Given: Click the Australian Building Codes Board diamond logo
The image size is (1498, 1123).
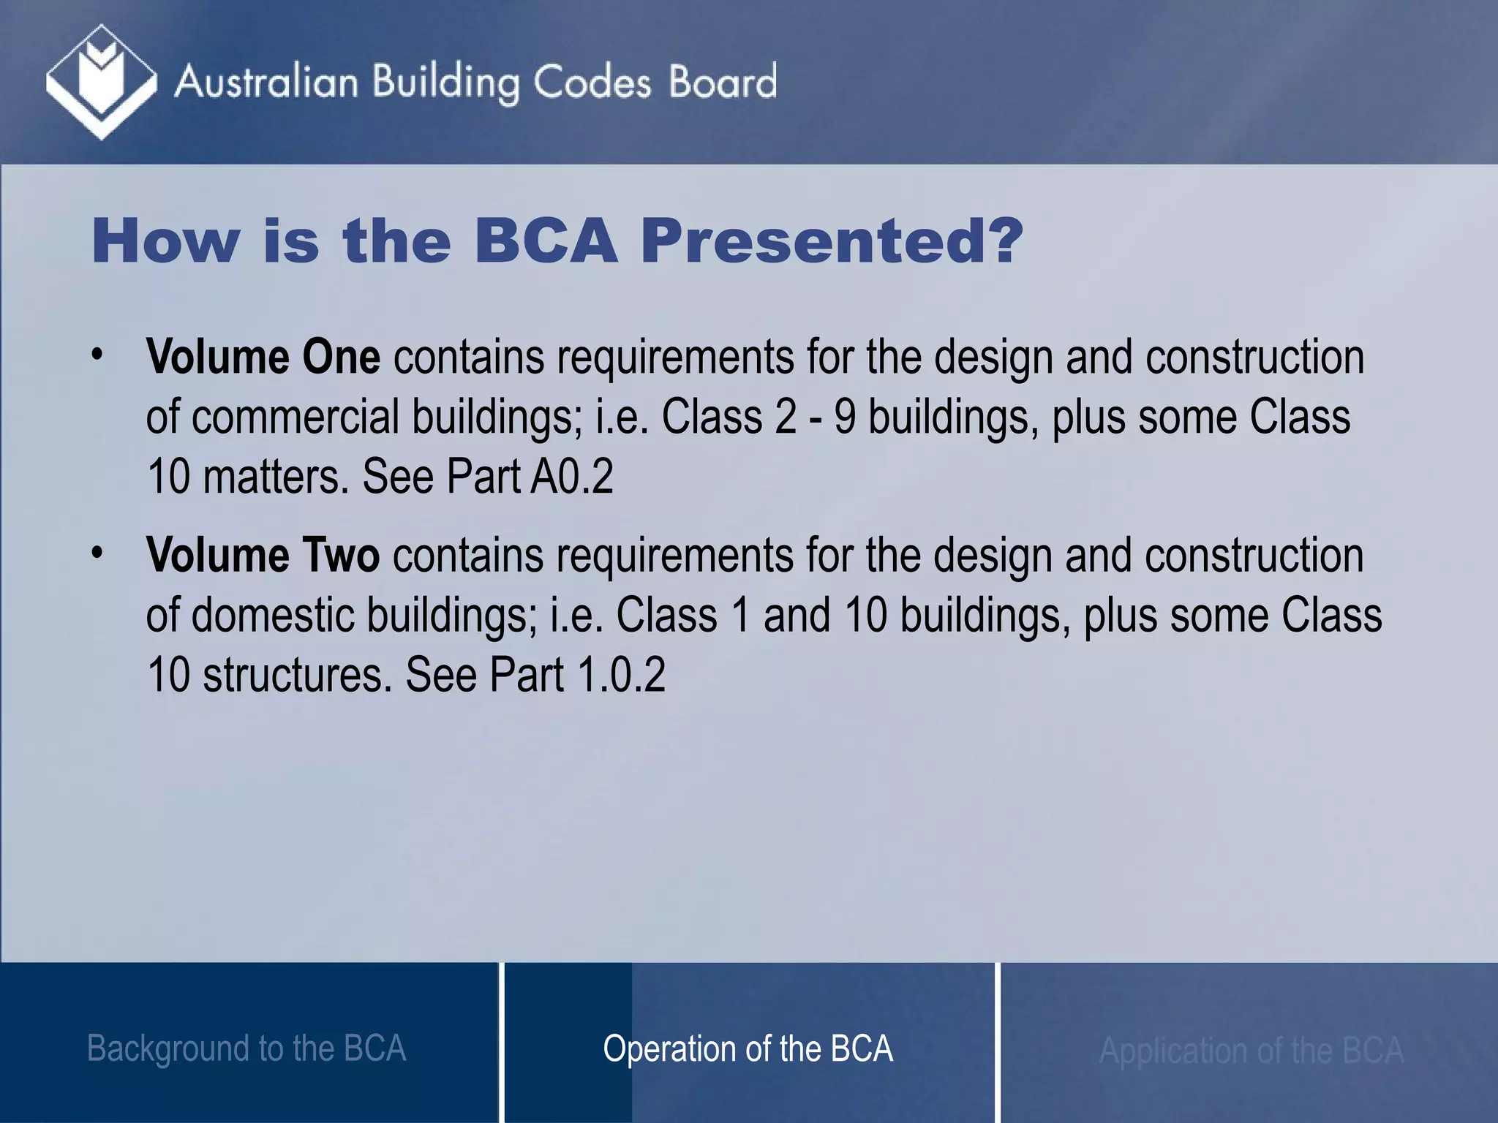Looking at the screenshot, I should pos(101,82).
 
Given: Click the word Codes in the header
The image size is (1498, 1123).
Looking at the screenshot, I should pos(592,82).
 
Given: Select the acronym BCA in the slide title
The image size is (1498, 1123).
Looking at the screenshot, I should pos(546,241).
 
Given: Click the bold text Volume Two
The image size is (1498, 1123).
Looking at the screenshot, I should pos(263,555).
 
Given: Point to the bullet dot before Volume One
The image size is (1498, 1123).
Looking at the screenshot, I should pos(97,355).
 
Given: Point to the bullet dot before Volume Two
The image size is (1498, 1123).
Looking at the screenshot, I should pos(97,553).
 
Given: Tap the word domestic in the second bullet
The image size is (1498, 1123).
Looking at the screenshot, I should pos(277,615).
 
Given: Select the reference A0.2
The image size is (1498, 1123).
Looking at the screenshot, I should pos(572,477).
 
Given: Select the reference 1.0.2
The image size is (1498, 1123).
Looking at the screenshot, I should pos(621,675).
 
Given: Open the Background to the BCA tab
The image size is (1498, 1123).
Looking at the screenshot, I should pos(246,1048).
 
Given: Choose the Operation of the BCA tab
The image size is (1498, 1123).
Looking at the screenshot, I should pos(748,1048).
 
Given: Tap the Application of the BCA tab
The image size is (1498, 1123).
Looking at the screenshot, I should pos(1251,1051).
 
